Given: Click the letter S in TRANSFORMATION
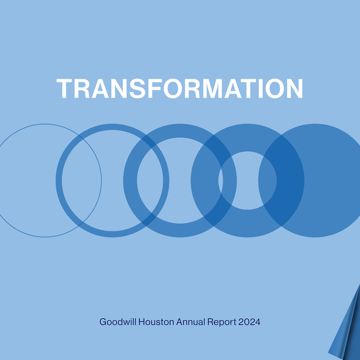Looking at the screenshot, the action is [x=137, y=88].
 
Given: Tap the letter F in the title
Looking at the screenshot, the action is [x=155, y=88].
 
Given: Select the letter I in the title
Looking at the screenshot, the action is [x=261, y=88].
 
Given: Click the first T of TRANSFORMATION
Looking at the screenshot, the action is [x=65, y=88].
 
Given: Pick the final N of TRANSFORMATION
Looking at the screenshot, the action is [x=295, y=88].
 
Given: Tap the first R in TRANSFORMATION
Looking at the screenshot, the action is [x=82, y=88].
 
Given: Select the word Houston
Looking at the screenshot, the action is [x=156, y=322].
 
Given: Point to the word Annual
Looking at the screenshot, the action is [x=191, y=322].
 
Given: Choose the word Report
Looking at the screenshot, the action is [x=222, y=322].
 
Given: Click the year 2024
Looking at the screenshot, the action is [x=249, y=322].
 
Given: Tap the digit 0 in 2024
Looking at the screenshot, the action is [x=247, y=322].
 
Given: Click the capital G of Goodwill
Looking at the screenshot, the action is [x=103, y=322].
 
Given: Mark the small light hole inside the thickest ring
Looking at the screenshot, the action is [x=247, y=181].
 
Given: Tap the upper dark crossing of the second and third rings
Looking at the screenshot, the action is [x=149, y=141].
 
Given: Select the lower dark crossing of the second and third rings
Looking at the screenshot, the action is [x=149, y=220].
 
